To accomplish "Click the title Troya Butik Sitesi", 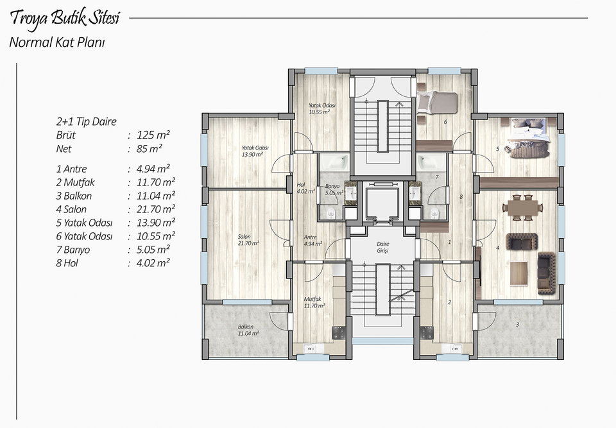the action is tap(64, 19).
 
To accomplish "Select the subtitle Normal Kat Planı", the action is tap(57, 42).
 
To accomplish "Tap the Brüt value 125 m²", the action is tap(153, 135).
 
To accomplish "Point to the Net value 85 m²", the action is tap(150, 149).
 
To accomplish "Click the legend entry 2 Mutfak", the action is tap(76, 182).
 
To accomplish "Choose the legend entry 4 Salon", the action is tap(71, 209).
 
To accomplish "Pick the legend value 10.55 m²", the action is tap(155, 235).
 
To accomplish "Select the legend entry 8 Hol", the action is tap(67, 263).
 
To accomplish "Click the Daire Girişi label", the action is tap(382, 247).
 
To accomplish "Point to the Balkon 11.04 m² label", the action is tap(248, 330).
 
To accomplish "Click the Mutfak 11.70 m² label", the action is tap(314, 302).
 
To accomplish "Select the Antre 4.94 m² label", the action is tap(312, 240).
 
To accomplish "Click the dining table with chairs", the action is tap(522, 207).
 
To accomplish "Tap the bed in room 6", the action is tap(437, 103).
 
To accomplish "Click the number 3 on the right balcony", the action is tap(517, 325).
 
